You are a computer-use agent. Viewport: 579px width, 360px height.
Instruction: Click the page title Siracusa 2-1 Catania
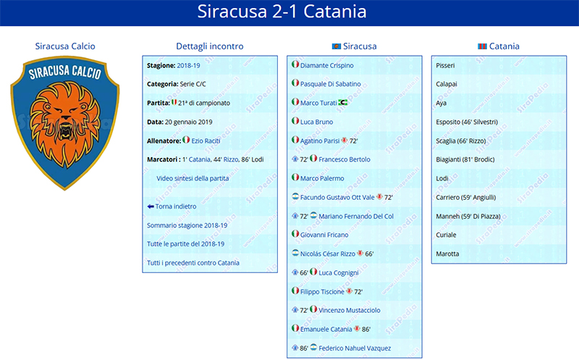(x=282, y=12)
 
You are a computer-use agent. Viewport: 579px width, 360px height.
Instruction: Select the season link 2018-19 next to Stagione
(x=188, y=65)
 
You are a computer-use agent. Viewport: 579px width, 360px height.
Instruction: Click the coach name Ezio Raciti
(x=206, y=141)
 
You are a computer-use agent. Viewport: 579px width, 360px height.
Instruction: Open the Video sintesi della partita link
(x=193, y=178)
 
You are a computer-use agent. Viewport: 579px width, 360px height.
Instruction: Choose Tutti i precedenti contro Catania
(x=193, y=263)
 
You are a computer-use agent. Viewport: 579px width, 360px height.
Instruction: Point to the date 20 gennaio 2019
(x=188, y=122)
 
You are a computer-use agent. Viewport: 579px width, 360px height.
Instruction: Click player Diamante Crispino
(x=327, y=65)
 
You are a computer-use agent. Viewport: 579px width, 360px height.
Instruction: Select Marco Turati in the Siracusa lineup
(x=318, y=103)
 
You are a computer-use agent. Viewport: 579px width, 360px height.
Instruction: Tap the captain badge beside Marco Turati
(x=343, y=102)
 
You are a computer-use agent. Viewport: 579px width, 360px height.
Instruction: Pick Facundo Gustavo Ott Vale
(x=337, y=197)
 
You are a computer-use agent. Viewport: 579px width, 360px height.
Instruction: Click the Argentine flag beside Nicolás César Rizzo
(x=295, y=253)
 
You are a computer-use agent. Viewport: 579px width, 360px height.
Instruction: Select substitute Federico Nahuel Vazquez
(x=355, y=348)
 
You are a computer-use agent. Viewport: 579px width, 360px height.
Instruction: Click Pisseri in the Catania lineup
(x=445, y=65)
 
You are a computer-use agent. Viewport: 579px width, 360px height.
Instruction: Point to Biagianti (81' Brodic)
(x=465, y=159)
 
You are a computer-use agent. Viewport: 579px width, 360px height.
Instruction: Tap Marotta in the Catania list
(x=447, y=254)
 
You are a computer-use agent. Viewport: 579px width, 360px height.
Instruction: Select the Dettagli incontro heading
(x=210, y=46)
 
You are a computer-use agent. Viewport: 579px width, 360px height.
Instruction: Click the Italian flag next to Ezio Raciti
(x=186, y=140)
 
